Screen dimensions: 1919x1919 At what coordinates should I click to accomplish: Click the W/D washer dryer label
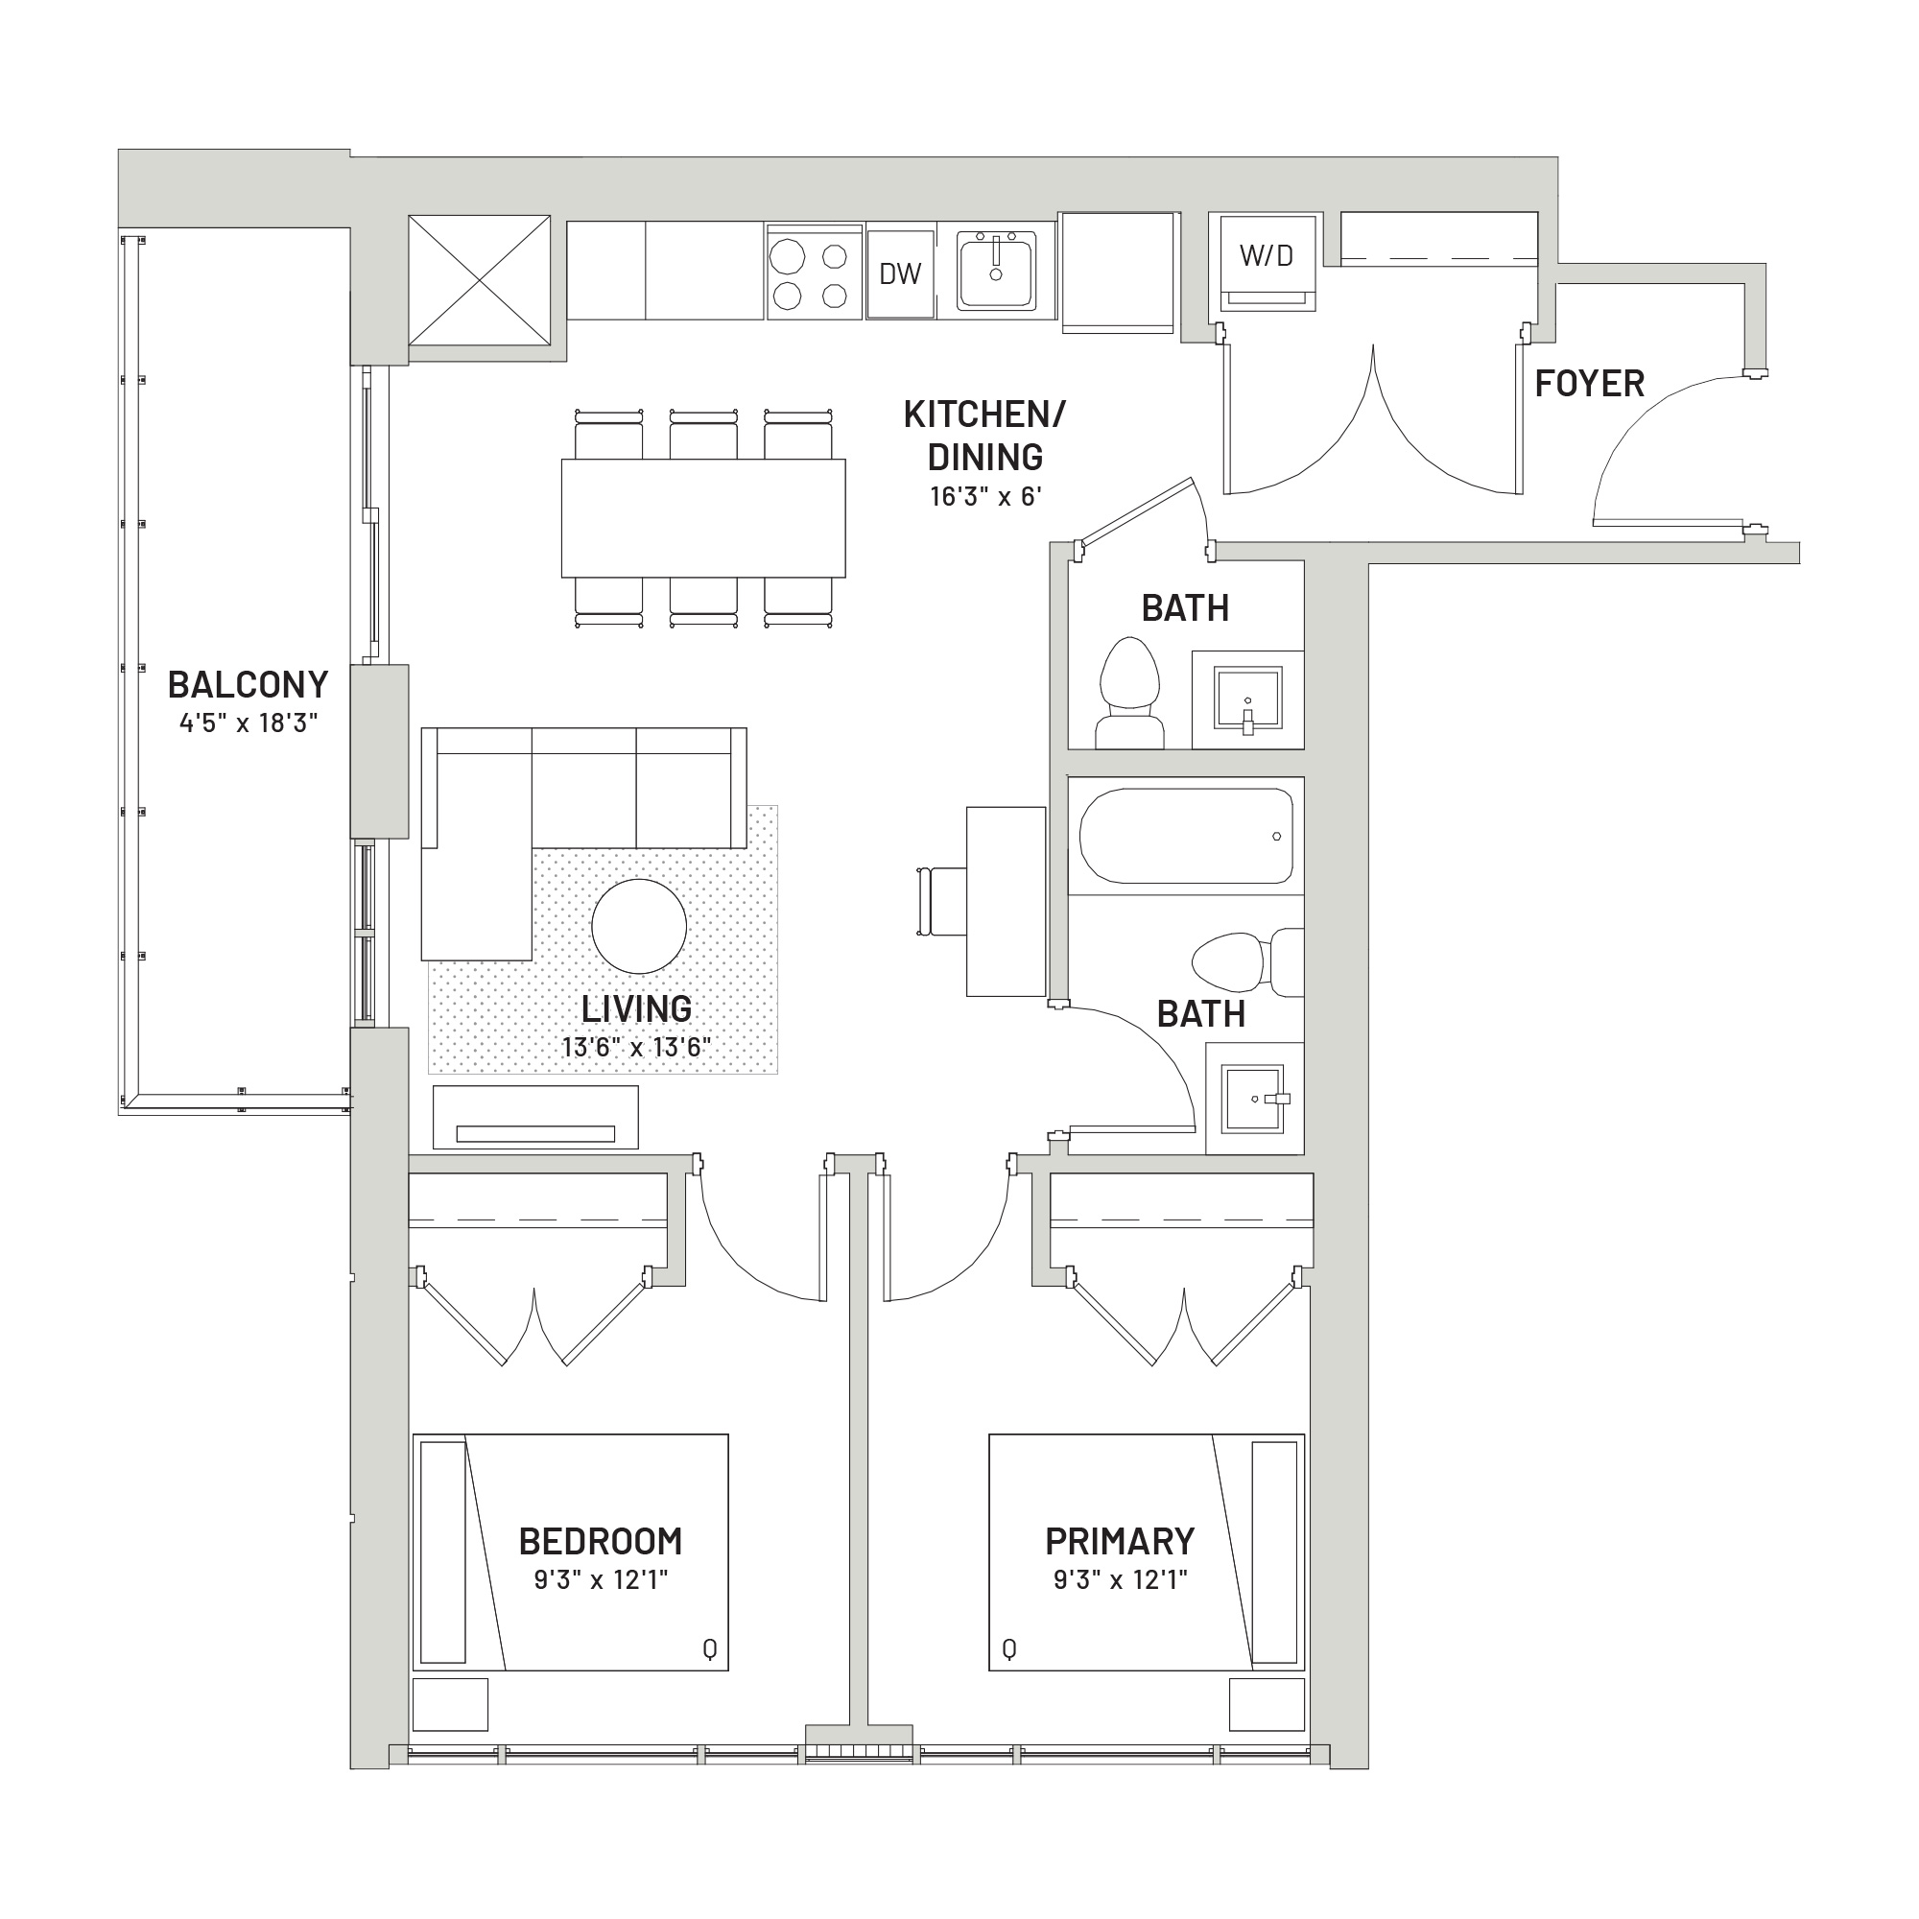point(1267,256)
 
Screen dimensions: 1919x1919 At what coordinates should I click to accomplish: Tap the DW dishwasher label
point(900,274)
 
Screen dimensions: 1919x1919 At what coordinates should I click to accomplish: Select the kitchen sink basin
point(996,271)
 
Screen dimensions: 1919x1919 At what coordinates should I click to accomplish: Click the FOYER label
point(1589,384)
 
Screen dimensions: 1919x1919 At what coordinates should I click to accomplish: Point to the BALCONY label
point(248,684)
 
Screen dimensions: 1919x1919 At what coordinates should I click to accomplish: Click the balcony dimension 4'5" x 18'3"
point(249,723)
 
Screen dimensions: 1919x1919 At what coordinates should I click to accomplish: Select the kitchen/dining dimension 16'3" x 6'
point(985,497)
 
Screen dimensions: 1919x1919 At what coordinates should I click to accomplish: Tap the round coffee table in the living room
point(639,926)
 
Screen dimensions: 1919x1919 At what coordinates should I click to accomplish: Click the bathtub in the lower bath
point(1186,837)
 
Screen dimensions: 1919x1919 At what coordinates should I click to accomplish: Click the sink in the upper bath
point(1247,699)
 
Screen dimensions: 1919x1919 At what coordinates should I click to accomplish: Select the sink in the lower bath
point(1253,1099)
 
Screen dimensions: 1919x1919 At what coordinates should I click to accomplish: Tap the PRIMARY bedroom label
point(1120,1542)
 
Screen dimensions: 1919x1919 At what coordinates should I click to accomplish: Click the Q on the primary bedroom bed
point(1009,1649)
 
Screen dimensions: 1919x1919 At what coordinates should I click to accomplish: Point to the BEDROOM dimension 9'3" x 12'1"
point(601,1579)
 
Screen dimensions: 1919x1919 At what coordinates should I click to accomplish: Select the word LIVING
point(637,1009)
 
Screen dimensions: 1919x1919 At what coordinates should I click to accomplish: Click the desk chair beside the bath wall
point(940,901)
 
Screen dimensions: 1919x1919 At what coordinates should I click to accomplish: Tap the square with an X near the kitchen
point(480,280)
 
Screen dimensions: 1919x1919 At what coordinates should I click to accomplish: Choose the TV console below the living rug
point(535,1118)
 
